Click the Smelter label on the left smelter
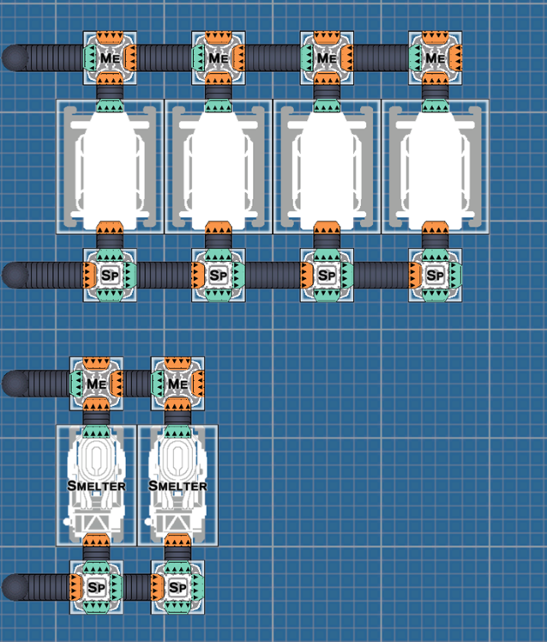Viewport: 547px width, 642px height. pyautogui.click(x=96, y=486)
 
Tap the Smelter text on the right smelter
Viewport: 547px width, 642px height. pyautogui.click(x=177, y=486)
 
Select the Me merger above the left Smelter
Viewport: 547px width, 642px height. pyautogui.click(x=96, y=384)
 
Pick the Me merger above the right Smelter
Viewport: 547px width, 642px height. pyautogui.click(x=177, y=384)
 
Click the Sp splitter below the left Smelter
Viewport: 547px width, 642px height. pyautogui.click(x=96, y=587)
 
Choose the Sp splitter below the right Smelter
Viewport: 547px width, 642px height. pyautogui.click(x=177, y=587)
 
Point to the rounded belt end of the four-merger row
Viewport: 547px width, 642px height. pyautogui.click(x=15, y=58)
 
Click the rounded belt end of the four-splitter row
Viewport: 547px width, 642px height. pyautogui.click(x=15, y=276)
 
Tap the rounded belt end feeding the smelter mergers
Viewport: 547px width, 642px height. pyautogui.click(x=15, y=384)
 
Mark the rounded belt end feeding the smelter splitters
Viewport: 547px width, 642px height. pyautogui.click(x=15, y=587)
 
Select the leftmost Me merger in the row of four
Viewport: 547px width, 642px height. pyautogui.click(x=110, y=58)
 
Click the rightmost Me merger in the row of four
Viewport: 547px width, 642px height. pyautogui.click(x=436, y=58)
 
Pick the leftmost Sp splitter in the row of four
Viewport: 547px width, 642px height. pyautogui.click(x=110, y=276)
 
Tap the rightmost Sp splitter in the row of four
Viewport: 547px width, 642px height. pyautogui.click(x=436, y=276)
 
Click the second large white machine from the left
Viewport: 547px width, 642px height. pyautogui.click(x=219, y=167)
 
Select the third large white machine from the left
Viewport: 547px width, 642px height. pyautogui.click(x=327, y=167)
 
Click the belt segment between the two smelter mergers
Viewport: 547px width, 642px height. pyautogui.click(x=137, y=384)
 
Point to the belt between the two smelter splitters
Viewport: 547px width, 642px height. pyautogui.click(x=137, y=587)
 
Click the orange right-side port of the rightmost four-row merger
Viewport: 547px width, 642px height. pyautogui.click(x=456, y=58)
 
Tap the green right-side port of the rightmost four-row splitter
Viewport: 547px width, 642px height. pyautogui.click(x=456, y=276)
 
